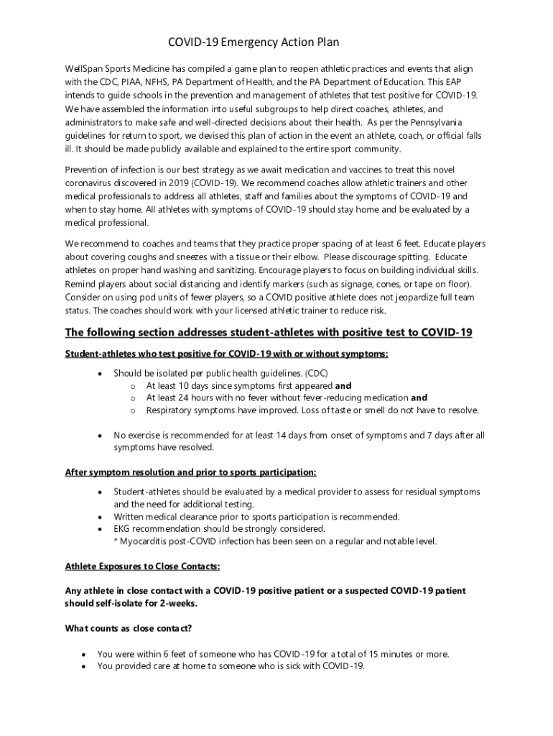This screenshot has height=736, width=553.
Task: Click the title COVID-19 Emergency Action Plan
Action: (x=253, y=43)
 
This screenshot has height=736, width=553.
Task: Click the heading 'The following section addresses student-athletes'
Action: (x=269, y=333)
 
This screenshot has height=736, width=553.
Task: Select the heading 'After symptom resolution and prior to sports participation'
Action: (x=190, y=472)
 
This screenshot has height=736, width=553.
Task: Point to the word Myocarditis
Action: (x=147, y=541)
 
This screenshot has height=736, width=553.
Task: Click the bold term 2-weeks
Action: (x=178, y=604)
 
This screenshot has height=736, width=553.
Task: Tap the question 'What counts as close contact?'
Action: (x=129, y=628)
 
